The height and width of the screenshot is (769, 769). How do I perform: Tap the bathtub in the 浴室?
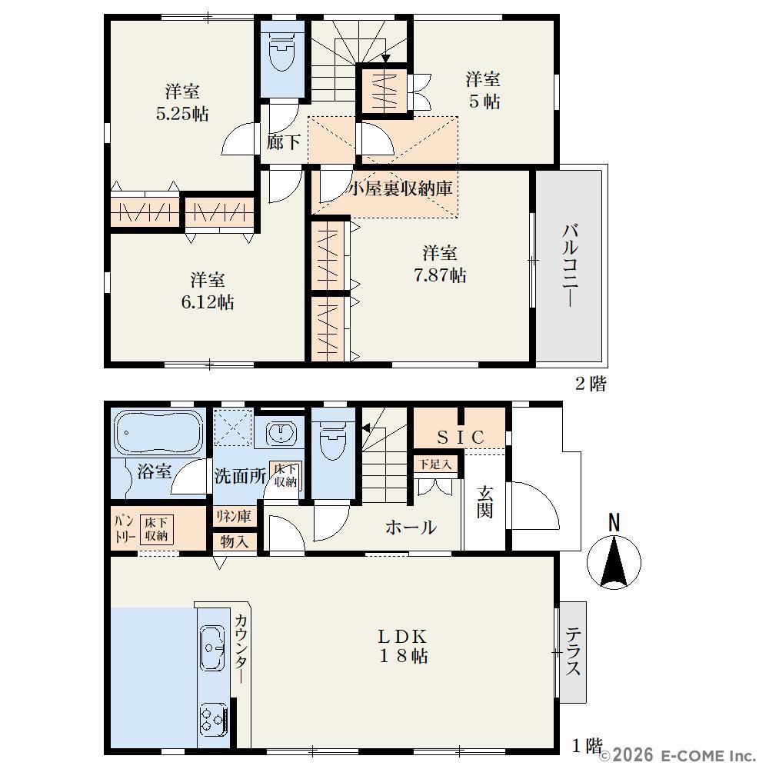point(158,431)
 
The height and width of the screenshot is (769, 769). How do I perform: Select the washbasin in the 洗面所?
point(281,433)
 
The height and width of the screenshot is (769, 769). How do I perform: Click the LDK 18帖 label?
point(403,647)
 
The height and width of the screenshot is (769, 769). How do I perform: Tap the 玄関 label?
point(484,501)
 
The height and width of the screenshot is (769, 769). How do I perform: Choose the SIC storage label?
point(461,437)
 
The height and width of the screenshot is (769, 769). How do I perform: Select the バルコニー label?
point(570,265)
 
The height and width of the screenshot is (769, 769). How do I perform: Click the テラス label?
point(574,652)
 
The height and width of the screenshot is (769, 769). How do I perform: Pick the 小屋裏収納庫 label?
point(400,188)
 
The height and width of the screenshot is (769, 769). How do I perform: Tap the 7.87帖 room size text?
point(440,275)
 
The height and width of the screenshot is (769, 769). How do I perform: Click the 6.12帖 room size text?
point(208,302)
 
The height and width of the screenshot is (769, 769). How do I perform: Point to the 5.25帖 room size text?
point(182,114)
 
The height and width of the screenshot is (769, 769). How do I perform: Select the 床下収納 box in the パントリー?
point(156,529)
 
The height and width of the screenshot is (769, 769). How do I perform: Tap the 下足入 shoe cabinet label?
point(435,464)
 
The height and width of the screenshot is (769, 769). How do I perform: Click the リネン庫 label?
point(234,516)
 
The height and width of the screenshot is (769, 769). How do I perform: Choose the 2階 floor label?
point(591,384)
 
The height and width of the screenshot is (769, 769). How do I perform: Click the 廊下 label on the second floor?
point(284,142)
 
